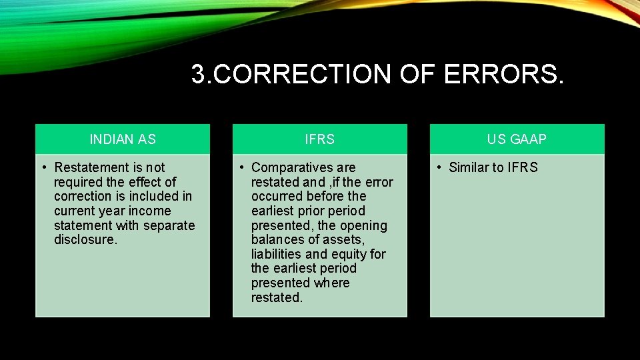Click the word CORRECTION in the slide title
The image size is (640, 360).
click(303, 75)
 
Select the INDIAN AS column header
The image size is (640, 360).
click(123, 139)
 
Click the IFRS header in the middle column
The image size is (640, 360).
click(319, 139)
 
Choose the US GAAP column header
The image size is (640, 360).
click(517, 139)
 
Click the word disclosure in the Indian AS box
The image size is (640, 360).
click(85, 240)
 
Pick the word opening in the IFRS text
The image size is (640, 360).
click(363, 225)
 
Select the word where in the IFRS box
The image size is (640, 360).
click(331, 283)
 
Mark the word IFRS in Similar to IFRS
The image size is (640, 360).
click(523, 167)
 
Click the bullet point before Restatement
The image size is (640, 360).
click(43, 167)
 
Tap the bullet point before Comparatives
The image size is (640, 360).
click(241, 167)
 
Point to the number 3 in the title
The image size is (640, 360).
click(197, 75)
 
